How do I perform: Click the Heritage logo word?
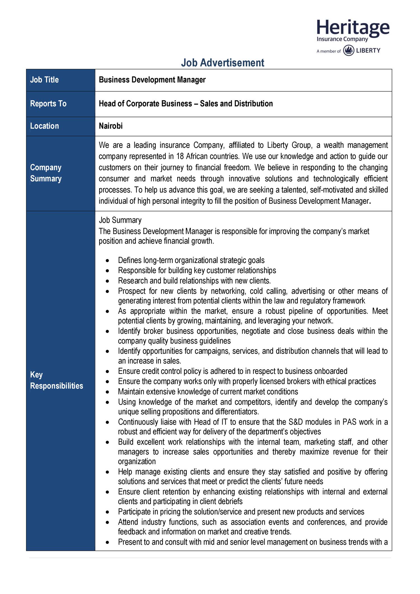coord(353,28)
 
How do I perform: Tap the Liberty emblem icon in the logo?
coord(349,51)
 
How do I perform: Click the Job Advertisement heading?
coord(222,63)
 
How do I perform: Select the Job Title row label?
coord(44,80)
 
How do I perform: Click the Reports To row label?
coord(48,104)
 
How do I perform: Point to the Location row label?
coord(44,126)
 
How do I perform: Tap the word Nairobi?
coord(111,126)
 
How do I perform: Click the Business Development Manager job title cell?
coord(152,80)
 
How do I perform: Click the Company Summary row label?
coord(46,173)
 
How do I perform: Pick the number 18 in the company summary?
coord(180,156)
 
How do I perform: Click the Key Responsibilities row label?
coord(56,380)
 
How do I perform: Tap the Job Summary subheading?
coord(120,220)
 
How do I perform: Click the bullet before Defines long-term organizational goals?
coord(108,261)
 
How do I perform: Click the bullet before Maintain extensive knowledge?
coord(108,392)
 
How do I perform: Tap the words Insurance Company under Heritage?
coord(342,39)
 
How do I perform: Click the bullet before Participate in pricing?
coord(108,512)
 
